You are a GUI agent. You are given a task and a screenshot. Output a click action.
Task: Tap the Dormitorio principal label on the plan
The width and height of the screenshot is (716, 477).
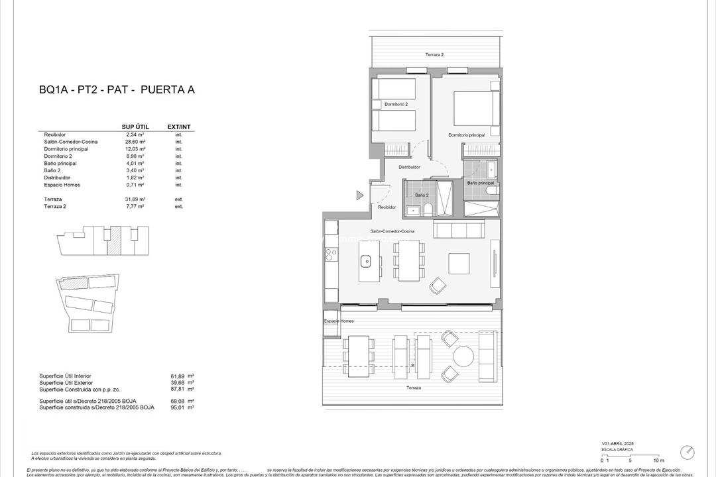466,135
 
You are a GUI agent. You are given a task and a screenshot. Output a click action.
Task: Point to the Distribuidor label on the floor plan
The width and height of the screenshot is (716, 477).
409,167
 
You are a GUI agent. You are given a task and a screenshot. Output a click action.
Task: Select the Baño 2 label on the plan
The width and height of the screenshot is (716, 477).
422,195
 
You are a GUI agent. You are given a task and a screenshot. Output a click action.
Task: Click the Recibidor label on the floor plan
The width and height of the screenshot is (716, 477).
387,207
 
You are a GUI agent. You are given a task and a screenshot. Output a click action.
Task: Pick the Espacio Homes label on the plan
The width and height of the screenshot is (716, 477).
338,321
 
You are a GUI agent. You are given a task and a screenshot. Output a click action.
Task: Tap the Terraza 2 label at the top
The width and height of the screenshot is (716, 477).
434,54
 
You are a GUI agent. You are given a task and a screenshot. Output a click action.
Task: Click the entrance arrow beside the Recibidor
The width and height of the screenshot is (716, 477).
359,195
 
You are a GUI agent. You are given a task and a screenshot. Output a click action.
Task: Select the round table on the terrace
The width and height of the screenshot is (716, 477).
463,356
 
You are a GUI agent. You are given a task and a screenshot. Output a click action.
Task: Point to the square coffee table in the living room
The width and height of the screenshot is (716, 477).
459,264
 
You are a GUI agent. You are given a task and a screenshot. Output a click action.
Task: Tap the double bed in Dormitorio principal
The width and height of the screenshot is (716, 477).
475,108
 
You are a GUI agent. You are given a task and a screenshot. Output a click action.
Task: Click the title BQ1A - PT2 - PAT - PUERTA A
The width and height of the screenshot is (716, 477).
117,90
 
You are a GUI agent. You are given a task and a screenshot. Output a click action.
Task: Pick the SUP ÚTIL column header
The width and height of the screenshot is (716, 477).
135,127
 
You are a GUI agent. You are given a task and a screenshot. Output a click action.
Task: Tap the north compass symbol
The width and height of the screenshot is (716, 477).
687,452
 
